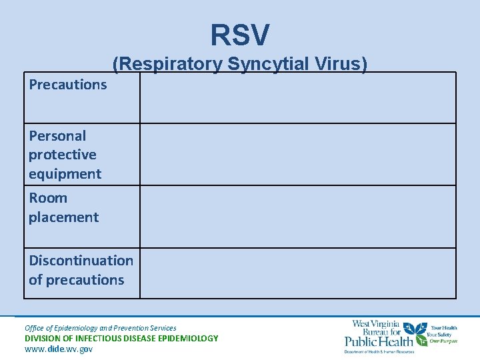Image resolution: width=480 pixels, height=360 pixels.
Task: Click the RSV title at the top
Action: click(x=240, y=35)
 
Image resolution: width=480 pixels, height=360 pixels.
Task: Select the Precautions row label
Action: click(x=67, y=85)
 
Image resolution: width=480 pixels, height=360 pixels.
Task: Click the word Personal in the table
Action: click(x=57, y=135)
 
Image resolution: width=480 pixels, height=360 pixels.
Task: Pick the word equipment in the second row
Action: click(x=65, y=174)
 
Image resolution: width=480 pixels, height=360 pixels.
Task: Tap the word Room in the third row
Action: click(x=48, y=198)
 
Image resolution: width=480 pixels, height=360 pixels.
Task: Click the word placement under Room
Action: click(x=63, y=217)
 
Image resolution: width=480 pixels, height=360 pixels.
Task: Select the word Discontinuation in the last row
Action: click(x=81, y=261)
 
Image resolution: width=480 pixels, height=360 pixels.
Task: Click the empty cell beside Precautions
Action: click(x=297, y=97)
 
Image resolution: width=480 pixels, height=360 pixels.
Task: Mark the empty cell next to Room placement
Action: click(x=297, y=217)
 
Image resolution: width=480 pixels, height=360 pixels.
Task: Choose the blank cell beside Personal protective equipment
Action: click(x=297, y=155)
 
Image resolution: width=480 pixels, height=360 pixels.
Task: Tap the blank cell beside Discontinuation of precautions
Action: click(x=297, y=273)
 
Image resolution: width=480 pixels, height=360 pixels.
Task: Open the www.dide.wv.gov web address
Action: click(x=59, y=349)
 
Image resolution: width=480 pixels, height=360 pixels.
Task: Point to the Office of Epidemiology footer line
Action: click(x=100, y=328)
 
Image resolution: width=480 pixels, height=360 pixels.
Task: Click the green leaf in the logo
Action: click(x=418, y=329)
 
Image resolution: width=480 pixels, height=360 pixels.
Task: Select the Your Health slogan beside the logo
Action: click(x=444, y=328)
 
